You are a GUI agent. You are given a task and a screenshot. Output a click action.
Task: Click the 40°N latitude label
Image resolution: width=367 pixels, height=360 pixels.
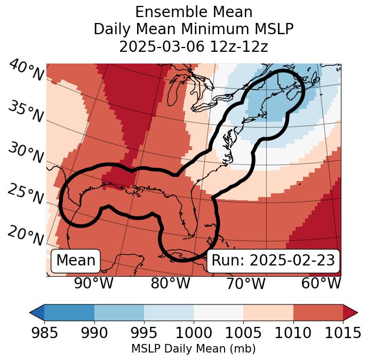point(26,71)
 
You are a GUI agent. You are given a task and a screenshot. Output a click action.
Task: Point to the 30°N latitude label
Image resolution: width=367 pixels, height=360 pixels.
point(26,153)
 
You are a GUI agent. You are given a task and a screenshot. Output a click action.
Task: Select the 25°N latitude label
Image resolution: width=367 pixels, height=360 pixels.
point(26,194)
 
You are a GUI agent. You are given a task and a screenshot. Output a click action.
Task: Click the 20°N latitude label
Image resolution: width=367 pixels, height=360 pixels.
point(26,235)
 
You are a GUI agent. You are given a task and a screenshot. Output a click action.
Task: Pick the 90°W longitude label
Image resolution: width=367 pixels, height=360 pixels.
point(94,283)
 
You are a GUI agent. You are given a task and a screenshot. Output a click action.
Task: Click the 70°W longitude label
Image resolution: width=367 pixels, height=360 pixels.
point(246,283)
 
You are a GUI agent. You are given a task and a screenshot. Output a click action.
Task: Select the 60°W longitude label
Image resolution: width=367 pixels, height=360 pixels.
point(321,283)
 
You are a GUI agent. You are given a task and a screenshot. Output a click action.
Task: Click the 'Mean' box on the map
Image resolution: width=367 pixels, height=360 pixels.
point(76,261)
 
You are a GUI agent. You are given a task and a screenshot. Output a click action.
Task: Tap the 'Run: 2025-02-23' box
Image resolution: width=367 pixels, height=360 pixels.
point(273,261)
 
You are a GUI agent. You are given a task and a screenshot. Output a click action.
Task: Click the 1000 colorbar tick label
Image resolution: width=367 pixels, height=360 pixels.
point(193,333)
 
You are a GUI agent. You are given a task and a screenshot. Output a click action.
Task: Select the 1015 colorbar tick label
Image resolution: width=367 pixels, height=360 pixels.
point(342,333)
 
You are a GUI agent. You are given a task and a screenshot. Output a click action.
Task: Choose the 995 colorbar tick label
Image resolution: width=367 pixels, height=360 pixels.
point(143,333)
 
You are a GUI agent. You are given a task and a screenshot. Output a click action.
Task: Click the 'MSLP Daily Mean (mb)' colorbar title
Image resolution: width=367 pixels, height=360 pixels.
point(193,349)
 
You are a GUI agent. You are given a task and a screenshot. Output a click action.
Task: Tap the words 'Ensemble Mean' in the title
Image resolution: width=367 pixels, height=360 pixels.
point(194,12)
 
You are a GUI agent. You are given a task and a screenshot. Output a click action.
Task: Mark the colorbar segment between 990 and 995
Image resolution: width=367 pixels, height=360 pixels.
point(119,312)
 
